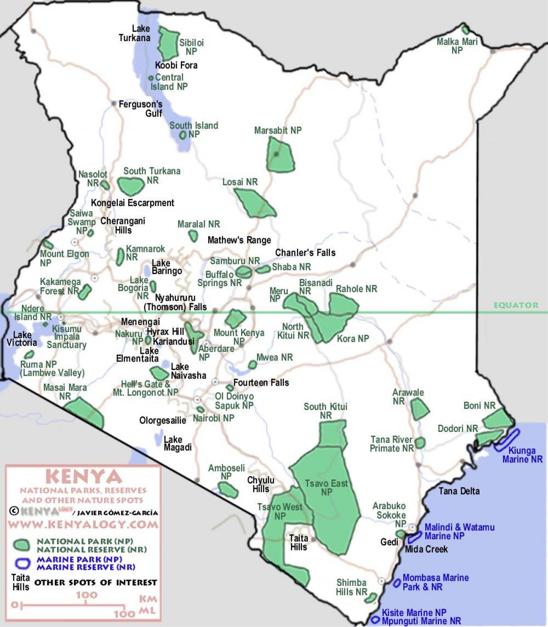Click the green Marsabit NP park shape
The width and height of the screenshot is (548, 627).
click(280, 156)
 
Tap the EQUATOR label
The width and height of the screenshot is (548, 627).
click(516, 305)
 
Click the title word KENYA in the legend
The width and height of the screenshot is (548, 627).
click(84, 477)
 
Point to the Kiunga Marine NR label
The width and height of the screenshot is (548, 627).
click(522, 455)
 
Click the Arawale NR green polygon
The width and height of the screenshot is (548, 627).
click(419, 409)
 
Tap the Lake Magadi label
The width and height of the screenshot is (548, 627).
click(177, 443)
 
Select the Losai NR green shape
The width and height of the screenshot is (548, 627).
click(253, 202)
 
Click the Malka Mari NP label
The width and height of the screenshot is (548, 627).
click(457, 46)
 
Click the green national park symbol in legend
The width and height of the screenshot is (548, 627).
click(22, 545)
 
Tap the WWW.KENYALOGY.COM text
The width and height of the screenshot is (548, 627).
click(83, 524)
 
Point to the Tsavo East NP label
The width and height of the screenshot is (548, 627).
click(326, 487)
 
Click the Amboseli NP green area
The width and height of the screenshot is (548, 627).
click(228, 490)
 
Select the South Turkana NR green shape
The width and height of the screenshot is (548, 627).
click(131, 185)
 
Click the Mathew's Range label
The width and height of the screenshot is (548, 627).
click(239, 240)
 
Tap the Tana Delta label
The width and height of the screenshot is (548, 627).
click(459, 491)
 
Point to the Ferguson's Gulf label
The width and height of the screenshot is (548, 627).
click(140, 109)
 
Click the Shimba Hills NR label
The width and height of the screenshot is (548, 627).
click(351, 587)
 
